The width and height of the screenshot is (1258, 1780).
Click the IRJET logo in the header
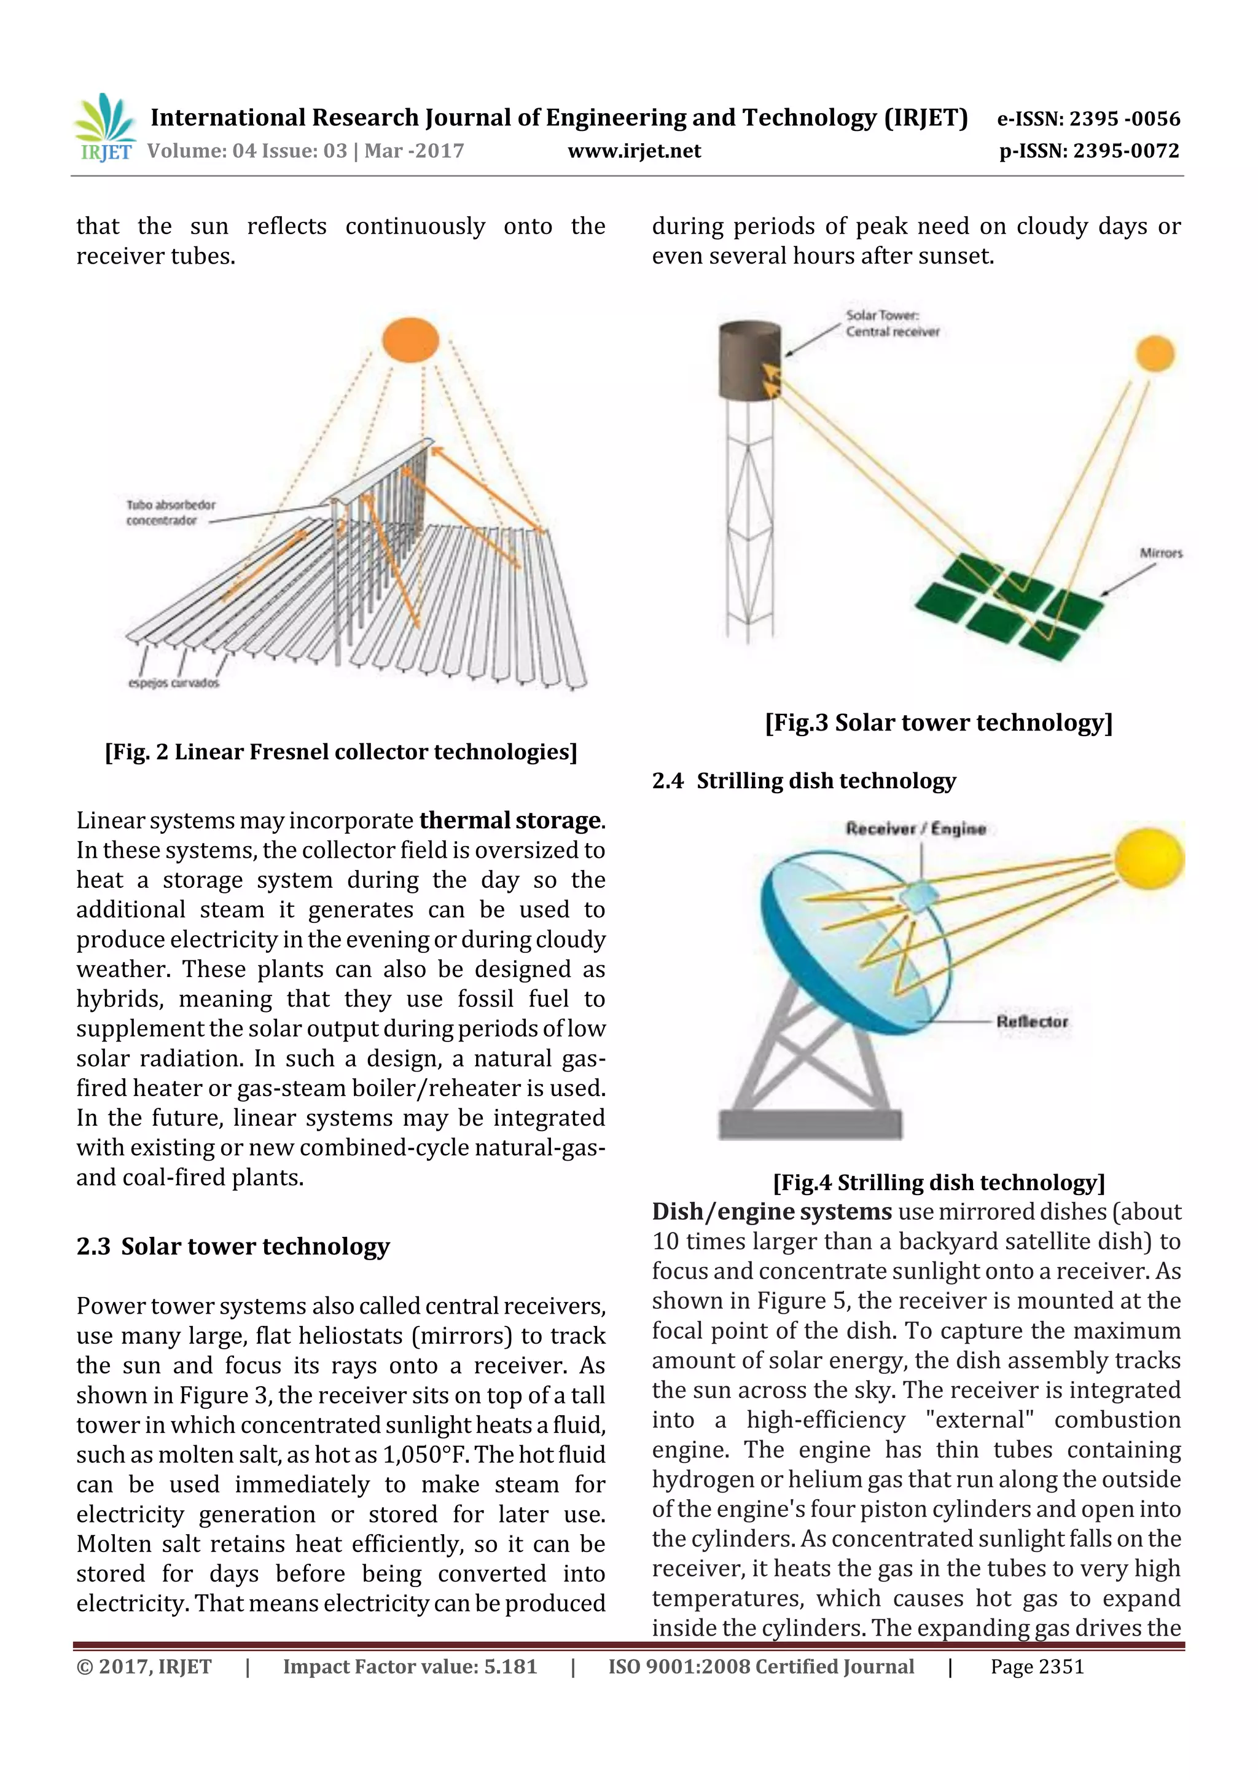(x=104, y=128)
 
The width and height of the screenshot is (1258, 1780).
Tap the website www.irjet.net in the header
(x=633, y=151)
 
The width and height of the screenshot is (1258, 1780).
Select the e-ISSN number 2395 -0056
(x=1088, y=119)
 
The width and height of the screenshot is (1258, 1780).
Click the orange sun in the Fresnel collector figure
(x=411, y=340)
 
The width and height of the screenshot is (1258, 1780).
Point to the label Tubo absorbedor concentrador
(x=171, y=512)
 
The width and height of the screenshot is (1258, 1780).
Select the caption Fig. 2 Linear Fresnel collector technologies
(x=341, y=751)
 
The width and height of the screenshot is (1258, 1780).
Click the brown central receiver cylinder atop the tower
(x=749, y=361)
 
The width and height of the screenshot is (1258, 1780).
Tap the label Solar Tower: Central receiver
(x=891, y=323)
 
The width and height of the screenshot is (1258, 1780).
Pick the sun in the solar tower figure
(x=1155, y=353)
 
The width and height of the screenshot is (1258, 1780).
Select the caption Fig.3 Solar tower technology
(x=939, y=723)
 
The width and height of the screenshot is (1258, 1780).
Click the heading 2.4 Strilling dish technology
(x=804, y=781)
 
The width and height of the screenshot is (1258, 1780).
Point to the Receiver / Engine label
(x=915, y=829)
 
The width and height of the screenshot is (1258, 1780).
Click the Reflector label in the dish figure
(x=1032, y=1022)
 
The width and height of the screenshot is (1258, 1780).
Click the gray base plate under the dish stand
(x=810, y=1125)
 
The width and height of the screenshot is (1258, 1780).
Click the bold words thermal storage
(x=510, y=820)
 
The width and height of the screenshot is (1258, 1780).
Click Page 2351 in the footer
(x=1036, y=1667)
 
